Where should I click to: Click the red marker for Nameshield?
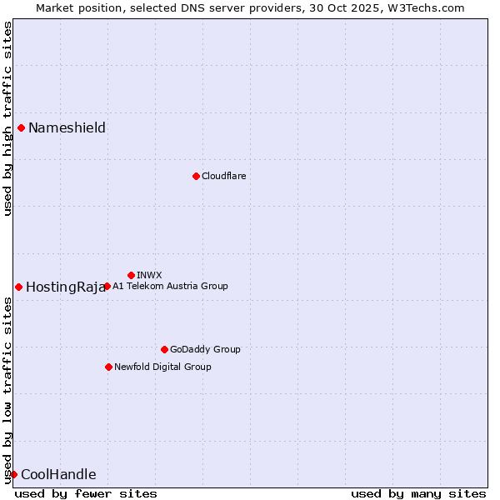pos(21,127)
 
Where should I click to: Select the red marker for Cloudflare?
pos(196,176)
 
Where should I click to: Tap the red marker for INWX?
pos(131,275)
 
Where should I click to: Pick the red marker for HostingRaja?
pos(18,287)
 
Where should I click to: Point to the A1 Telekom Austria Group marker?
pos(107,286)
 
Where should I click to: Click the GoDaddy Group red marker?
pos(164,349)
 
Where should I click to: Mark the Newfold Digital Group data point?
pos(108,367)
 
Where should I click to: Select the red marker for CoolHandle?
pos(13,474)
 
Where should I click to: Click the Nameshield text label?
pos(67,127)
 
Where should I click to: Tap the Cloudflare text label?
pos(223,176)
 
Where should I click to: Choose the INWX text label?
pos(149,275)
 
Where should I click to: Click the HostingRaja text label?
pos(66,287)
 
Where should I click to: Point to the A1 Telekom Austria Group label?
pos(170,286)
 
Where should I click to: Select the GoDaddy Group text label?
pos(205,349)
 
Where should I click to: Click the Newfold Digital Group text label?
pos(162,367)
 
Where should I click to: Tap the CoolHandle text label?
pos(58,474)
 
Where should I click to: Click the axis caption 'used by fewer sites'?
pos(86,493)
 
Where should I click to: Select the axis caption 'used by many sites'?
pos(418,493)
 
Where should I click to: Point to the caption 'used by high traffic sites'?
pos(7,118)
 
